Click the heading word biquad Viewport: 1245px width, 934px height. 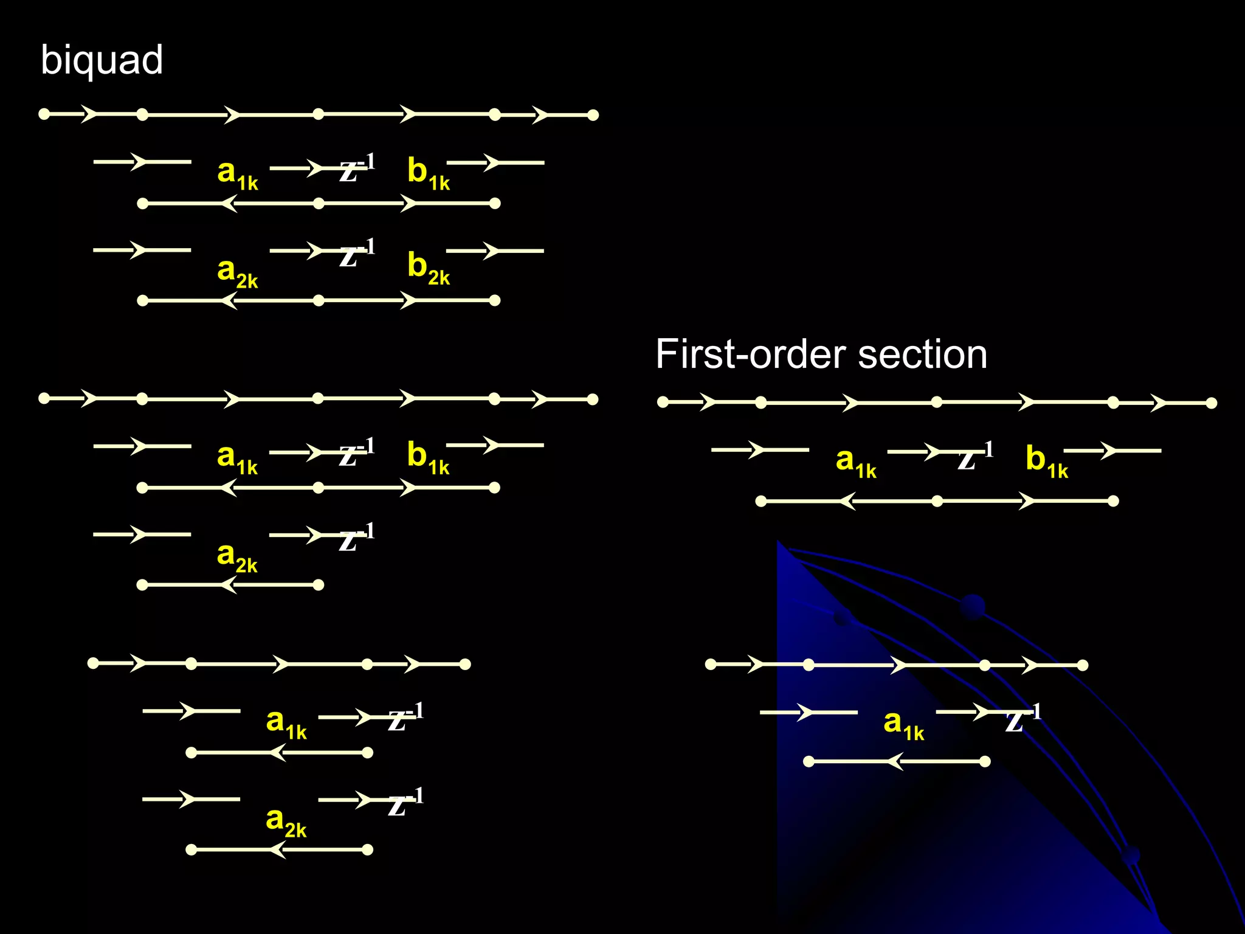[102, 61]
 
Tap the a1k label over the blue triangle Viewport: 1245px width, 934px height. [903, 724]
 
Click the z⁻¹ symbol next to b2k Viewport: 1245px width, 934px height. [356, 254]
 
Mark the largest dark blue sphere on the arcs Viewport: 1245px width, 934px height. [973, 607]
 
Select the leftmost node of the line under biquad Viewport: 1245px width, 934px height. [44, 114]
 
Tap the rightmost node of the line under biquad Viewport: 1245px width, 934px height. [593, 115]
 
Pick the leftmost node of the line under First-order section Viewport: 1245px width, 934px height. [663, 402]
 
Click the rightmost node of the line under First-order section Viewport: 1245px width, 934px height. [1211, 403]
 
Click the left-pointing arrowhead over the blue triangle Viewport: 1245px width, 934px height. [895, 761]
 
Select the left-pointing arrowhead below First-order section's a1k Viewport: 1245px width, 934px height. [847, 502]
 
